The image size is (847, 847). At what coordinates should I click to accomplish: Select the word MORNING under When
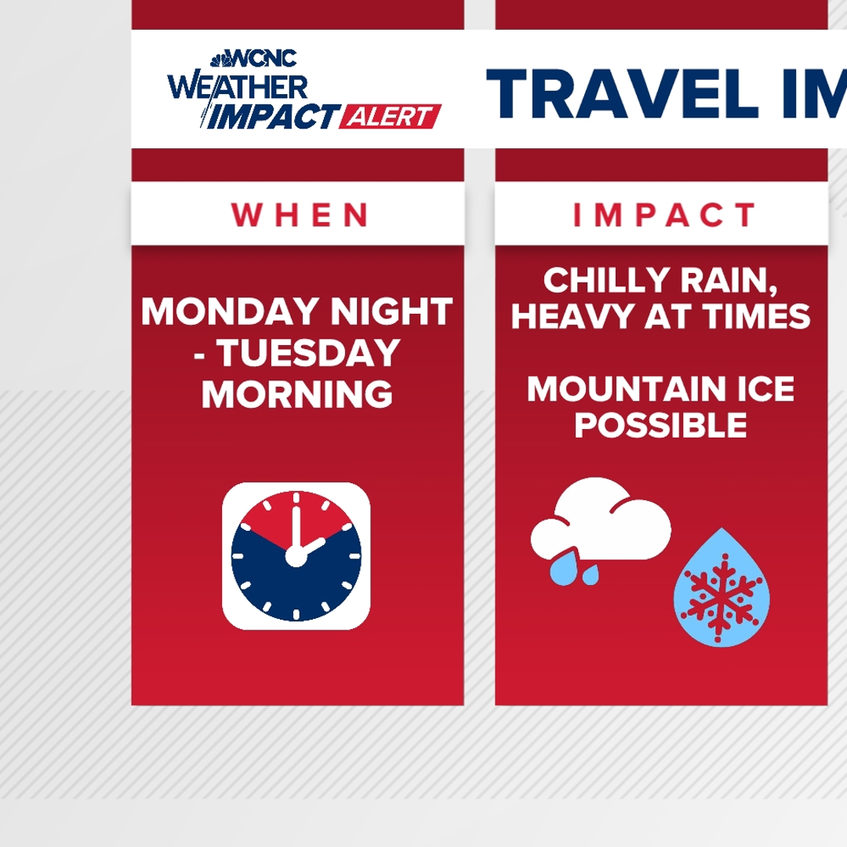296,394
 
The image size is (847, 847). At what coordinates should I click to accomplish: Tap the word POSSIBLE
660,426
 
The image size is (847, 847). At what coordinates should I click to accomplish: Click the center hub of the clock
296,556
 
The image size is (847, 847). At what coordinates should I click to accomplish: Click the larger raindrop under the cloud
562,571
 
